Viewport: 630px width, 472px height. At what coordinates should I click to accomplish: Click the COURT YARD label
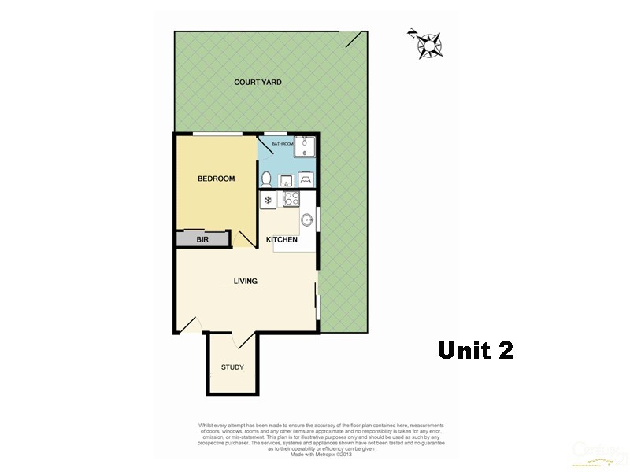click(x=258, y=82)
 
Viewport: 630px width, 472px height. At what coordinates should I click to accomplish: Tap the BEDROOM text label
click(x=216, y=179)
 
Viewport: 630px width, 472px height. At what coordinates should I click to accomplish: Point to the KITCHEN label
click(x=281, y=239)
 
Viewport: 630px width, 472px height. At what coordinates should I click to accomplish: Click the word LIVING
click(x=245, y=281)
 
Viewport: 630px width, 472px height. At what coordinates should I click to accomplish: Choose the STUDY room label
click(x=232, y=367)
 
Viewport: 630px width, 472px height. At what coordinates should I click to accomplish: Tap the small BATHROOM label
click(x=282, y=144)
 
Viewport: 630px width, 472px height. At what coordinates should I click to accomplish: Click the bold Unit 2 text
click(x=475, y=350)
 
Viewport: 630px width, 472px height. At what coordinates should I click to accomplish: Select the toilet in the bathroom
click(x=266, y=179)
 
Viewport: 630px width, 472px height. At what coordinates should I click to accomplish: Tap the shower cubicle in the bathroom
click(x=306, y=149)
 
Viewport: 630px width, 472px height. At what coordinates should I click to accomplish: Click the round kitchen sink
click(x=307, y=220)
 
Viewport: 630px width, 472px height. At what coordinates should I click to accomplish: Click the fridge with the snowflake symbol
click(x=269, y=200)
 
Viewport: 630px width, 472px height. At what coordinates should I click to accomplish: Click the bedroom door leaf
click(x=243, y=240)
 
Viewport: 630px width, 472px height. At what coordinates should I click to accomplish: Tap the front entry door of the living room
click(x=190, y=323)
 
